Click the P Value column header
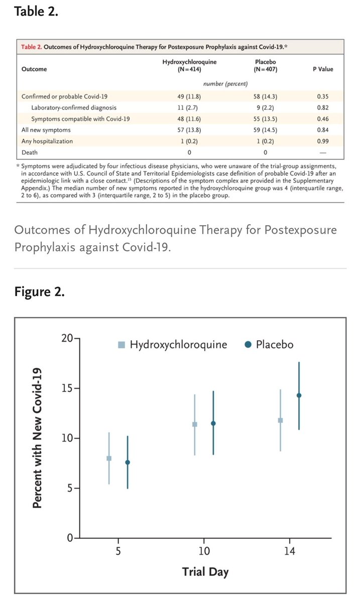[x=323, y=69]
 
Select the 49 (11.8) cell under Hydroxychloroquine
[x=189, y=96]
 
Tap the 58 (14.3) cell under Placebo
[x=265, y=96]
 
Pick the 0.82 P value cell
[x=323, y=108]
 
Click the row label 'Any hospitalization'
[x=47, y=141]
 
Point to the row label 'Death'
[x=30, y=152]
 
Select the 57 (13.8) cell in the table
[x=189, y=130]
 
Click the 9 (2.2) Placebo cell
[x=265, y=108]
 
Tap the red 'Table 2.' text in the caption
[x=32, y=47]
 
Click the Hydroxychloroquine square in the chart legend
[x=122, y=345]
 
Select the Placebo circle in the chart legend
[x=248, y=344]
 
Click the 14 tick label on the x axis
[x=290, y=551]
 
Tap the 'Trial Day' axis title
[x=205, y=571]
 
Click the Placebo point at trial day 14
[x=299, y=395]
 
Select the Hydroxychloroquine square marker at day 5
[x=109, y=458]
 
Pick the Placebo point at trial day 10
[x=213, y=424]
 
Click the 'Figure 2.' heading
[x=39, y=292]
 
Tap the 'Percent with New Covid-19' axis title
[x=37, y=438]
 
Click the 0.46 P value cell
[x=323, y=119]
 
